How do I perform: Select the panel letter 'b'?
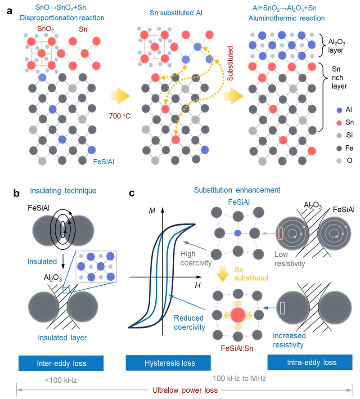[x=17, y=194]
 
